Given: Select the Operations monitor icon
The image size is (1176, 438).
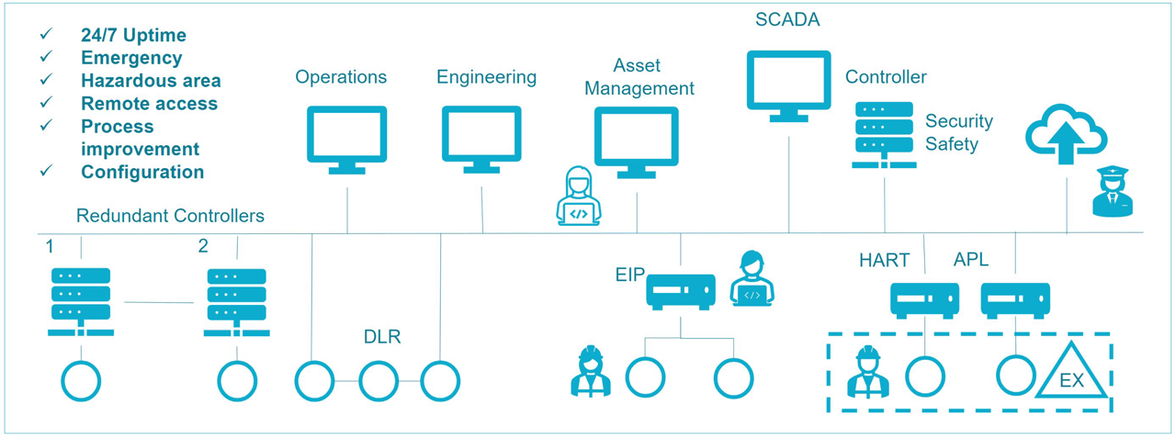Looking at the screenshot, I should [346, 139].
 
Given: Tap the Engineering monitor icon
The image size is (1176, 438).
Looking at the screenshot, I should [481, 139].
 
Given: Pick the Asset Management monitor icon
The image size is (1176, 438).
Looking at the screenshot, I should [636, 141].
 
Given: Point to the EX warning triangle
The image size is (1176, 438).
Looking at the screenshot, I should [1072, 373].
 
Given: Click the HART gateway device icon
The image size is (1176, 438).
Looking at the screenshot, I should [924, 300].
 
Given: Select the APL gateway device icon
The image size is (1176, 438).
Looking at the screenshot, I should [1015, 300].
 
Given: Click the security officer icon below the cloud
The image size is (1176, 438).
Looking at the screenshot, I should [1112, 192].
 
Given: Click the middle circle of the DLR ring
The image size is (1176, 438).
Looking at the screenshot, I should [379, 380].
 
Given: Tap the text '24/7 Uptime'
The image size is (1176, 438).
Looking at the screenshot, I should [133, 35].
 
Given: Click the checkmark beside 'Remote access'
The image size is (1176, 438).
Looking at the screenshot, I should [46, 103].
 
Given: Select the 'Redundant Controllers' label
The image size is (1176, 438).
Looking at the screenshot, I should [170, 216].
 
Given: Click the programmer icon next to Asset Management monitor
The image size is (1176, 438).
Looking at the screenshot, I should [578, 197].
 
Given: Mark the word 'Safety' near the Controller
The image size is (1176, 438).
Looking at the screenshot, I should [952, 144].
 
